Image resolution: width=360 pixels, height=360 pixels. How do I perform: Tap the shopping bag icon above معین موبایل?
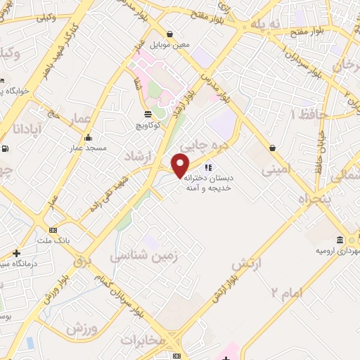pos(170,33)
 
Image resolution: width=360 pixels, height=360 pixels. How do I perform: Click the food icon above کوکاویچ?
pos(147,114)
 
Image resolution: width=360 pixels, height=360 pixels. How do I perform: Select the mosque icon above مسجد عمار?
pos(88,138)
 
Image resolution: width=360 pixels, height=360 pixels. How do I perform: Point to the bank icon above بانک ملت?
pos(53,231)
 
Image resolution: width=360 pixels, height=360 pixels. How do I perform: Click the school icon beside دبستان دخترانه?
pos(208,167)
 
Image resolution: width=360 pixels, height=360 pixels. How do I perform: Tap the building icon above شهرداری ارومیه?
pos(340,239)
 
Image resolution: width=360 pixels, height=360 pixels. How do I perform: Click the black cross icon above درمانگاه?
pos(16,253)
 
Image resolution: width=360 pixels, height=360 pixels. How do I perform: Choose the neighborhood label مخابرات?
pos(143,339)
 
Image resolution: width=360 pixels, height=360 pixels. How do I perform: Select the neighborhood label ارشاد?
pos(139,155)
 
